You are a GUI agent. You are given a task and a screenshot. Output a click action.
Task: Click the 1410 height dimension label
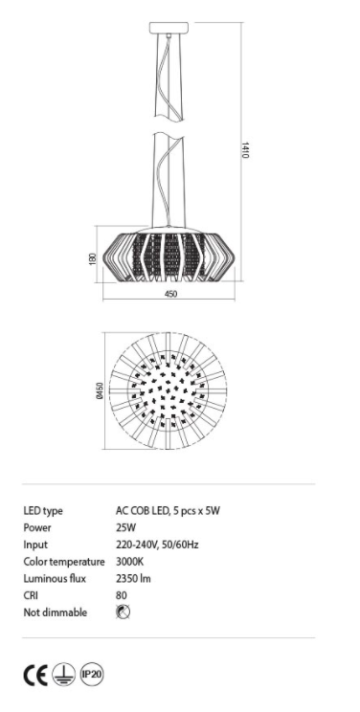point(245,151)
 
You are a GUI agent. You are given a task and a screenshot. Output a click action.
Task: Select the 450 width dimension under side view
point(170,295)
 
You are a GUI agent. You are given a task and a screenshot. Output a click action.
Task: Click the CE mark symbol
point(34,674)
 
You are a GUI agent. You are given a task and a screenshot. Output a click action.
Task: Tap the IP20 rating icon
point(92,673)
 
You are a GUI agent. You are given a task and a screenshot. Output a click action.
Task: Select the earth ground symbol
point(63,674)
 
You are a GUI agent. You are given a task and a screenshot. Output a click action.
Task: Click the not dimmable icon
point(124,612)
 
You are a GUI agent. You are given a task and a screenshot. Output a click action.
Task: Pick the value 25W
point(124,527)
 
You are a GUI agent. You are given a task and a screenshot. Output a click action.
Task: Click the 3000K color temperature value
point(129,562)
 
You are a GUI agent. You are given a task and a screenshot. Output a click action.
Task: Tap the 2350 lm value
point(134,579)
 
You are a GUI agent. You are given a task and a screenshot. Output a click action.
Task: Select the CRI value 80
point(121,595)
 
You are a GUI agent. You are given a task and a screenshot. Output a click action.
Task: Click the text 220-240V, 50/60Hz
point(156,545)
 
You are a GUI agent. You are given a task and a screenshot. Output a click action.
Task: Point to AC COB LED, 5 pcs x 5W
point(168,510)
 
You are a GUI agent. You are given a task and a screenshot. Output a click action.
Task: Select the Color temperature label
point(63,562)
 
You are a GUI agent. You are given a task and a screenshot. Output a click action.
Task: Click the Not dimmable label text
point(55,612)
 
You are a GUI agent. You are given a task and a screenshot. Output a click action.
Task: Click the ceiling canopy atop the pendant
point(170,32)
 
